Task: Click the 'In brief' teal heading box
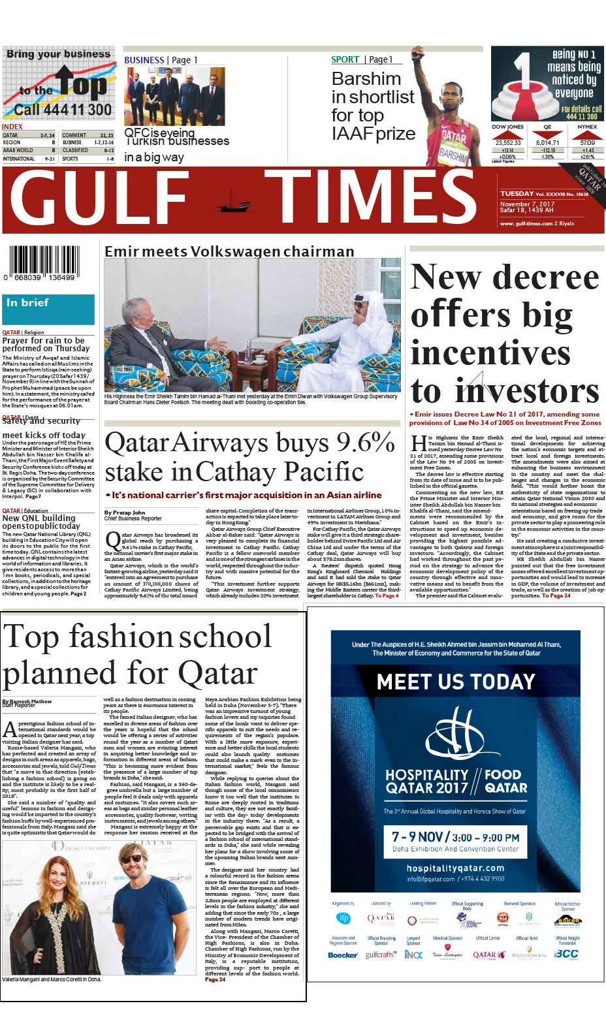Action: click(48, 309)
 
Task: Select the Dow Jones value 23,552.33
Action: click(508, 142)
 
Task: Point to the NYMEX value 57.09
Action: click(587, 142)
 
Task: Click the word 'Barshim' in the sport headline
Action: click(366, 79)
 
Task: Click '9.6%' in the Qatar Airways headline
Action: click(365, 443)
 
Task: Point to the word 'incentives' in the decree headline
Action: click(490, 353)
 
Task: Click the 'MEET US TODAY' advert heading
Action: click(456, 682)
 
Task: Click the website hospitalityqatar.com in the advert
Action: click(455, 868)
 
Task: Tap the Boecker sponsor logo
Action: click(342, 955)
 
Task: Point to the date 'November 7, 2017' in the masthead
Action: click(527, 204)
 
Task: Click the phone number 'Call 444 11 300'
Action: click(63, 110)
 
